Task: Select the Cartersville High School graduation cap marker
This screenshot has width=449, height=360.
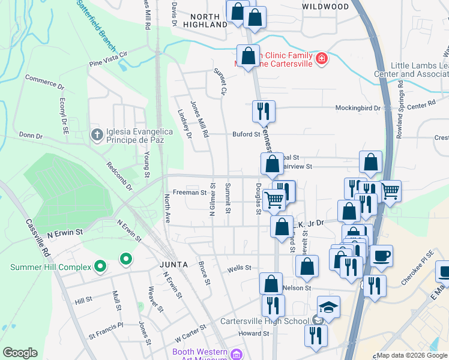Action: coord(328,307)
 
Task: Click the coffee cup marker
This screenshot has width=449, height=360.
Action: coord(381,256)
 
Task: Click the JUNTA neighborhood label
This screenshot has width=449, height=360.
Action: coord(173,264)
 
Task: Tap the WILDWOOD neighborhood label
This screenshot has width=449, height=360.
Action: coord(325,7)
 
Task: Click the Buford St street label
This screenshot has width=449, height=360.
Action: coord(246,134)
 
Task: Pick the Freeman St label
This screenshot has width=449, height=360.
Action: coord(190,193)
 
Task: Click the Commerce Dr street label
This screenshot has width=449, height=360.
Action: coord(44,82)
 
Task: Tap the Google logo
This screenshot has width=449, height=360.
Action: coord(20,353)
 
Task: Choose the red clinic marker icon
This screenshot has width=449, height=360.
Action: coord(322,58)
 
